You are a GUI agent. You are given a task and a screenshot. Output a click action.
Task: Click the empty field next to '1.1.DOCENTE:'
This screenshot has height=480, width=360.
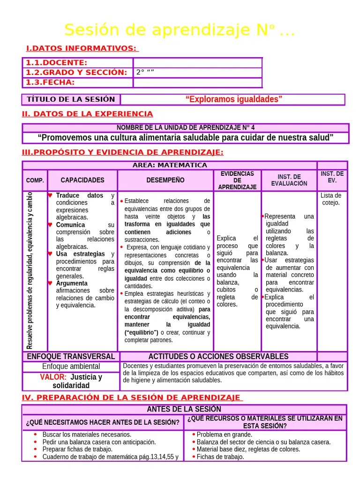point(197,63)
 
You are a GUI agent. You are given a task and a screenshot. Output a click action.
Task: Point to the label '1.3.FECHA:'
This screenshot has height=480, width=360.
point(50,82)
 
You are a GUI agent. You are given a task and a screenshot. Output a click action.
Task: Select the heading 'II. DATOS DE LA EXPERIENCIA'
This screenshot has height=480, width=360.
point(87,114)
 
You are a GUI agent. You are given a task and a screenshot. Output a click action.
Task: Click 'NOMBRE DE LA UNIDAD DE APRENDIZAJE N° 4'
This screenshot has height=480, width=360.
point(186,127)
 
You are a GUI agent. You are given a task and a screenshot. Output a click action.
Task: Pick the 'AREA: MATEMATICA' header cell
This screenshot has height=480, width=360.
point(170,165)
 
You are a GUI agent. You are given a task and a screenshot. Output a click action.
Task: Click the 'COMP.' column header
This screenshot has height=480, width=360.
point(35,180)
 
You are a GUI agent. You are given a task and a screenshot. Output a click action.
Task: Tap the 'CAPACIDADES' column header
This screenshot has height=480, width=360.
point(82,180)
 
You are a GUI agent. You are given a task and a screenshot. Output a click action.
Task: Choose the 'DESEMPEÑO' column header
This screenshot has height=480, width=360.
point(165,180)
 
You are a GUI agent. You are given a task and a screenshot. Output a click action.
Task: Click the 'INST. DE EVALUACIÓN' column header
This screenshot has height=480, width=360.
point(289,180)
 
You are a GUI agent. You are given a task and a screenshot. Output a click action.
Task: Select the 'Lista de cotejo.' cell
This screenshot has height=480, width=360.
point(331,199)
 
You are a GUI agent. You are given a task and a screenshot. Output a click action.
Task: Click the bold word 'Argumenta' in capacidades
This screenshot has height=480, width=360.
point(72,284)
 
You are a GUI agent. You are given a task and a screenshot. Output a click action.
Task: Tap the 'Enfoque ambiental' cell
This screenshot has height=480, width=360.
point(71,367)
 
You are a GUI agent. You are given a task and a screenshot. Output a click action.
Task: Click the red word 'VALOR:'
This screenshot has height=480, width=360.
point(53,377)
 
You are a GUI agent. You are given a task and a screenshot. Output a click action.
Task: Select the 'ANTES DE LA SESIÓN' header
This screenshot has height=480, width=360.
point(184,409)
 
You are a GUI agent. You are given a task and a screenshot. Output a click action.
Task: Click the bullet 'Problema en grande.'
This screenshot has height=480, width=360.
point(224,435)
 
